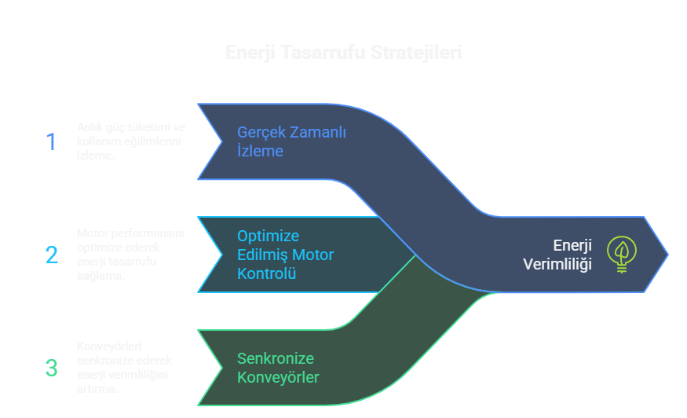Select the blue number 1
(51, 141)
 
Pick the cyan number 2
(52, 255)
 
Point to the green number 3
(52, 368)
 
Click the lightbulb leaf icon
(622, 254)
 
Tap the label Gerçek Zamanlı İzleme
(291, 141)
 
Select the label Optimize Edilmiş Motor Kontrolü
(285, 255)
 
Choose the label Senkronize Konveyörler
(278, 368)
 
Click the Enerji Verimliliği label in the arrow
(557, 255)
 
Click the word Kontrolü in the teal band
(266, 273)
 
